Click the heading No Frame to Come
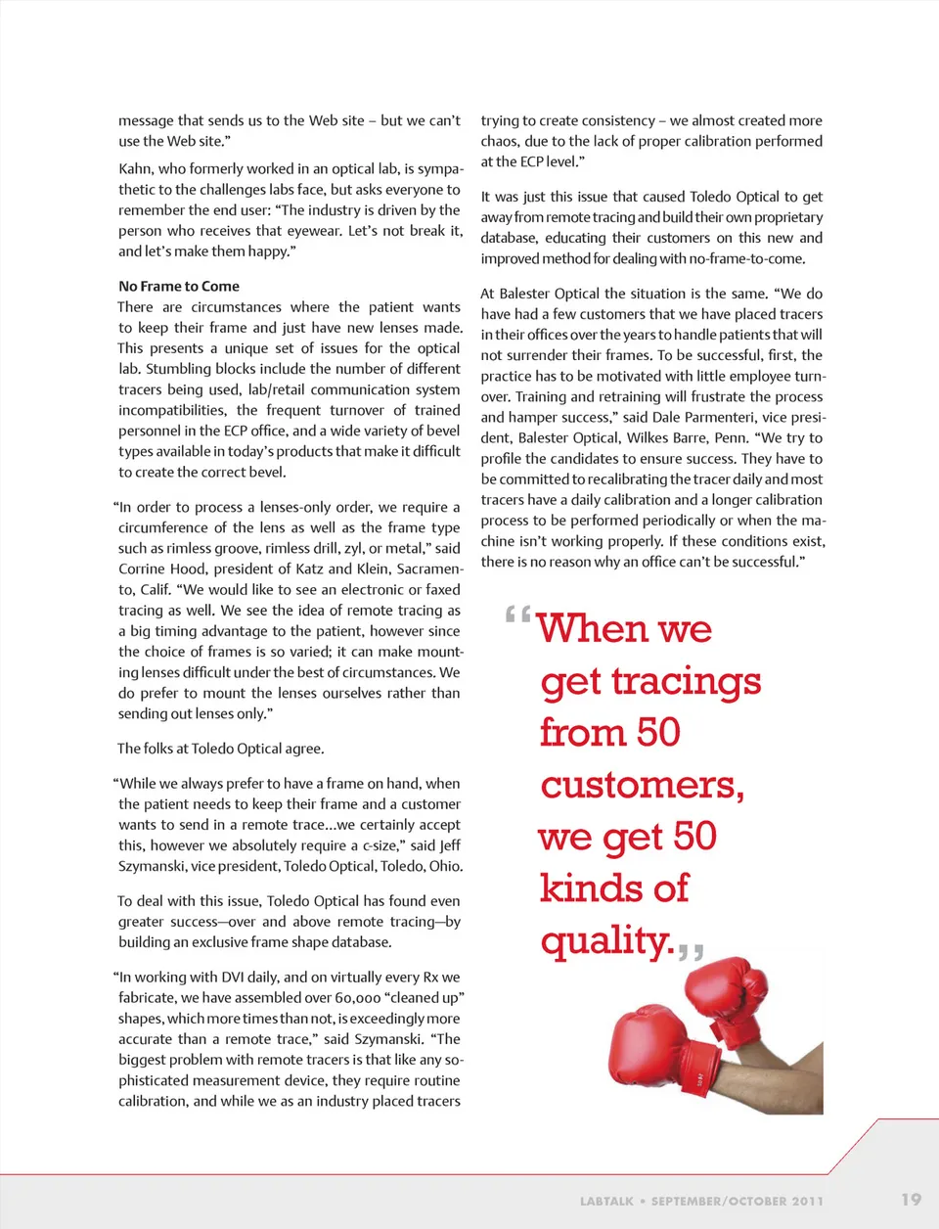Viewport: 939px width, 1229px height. tap(179, 287)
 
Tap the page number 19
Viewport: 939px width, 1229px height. tap(911, 1200)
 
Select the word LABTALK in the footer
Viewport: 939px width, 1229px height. tap(606, 1201)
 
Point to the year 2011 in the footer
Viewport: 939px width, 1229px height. tap(808, 1201)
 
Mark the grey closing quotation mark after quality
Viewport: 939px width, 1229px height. tap(691, 950)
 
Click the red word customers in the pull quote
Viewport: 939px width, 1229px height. tap(641, 785)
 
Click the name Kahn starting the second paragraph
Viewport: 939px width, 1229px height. tap(136, 169)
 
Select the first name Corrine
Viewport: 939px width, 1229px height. tap(144, 569)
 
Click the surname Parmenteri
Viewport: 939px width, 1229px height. tap(721, 417)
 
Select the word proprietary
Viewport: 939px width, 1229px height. tap(781, 217)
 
